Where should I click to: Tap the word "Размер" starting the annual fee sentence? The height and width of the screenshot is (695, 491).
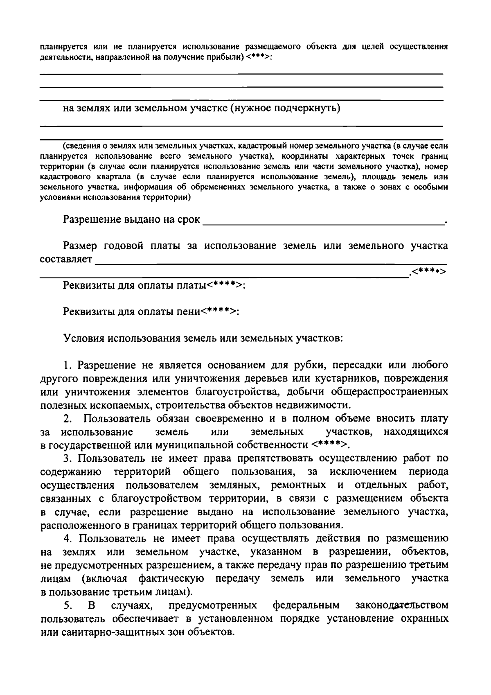(x=80, y=246)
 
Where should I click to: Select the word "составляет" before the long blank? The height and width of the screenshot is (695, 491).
(x=66, y=259)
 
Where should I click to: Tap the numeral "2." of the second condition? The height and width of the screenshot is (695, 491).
(x=68, y=419)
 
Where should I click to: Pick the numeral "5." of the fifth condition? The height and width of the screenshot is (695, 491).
(x=68, y=605)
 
